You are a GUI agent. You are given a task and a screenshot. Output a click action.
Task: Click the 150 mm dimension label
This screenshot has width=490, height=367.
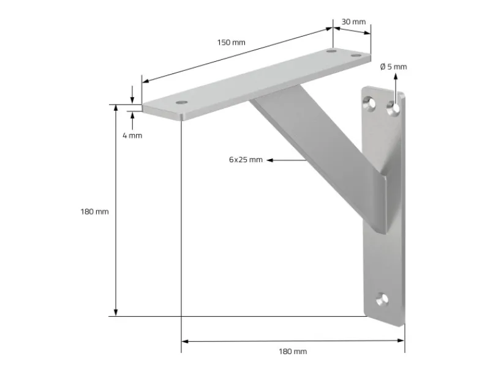pos(231,42)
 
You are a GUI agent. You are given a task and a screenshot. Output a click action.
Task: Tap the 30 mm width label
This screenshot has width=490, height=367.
pos(353,21)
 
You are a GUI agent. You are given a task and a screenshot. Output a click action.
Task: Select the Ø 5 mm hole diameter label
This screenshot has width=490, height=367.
pos(393,67)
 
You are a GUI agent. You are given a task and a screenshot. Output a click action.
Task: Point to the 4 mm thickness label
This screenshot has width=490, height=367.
pos(132,135)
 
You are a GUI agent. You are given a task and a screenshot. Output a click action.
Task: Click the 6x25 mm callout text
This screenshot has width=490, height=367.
pos(246,160)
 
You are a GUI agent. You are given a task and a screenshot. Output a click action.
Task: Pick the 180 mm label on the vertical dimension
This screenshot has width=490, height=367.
pos(94,212)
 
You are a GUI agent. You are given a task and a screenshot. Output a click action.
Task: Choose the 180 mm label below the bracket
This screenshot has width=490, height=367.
pos(293,351)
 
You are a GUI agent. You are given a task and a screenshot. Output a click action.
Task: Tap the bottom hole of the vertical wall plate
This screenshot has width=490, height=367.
pos(383,300)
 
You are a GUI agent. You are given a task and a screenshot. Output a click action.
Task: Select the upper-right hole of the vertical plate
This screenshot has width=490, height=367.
pos(395,108)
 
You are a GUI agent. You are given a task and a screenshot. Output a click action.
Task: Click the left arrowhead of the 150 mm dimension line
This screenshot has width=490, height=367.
pos(145,81)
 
